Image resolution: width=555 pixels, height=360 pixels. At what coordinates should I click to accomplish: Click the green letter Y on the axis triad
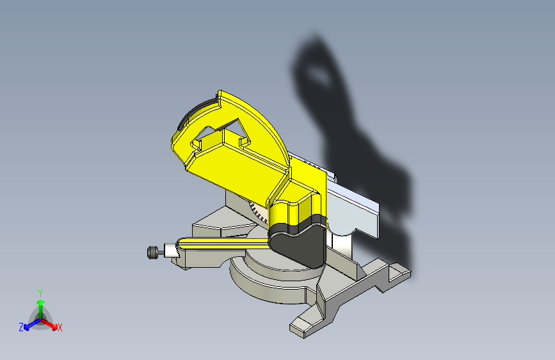(x=40, y=292)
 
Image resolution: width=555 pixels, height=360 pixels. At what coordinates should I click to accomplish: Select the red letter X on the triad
(x=60, y=327)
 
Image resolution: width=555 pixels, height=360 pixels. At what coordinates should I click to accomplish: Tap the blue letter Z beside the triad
(x=21, y=327)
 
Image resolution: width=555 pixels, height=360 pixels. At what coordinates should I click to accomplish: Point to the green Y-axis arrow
(x=40, y=305)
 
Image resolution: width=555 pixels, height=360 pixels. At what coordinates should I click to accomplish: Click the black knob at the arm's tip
(x=152, y=252)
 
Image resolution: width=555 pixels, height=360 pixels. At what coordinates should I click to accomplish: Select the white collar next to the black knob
(x=170, y=250)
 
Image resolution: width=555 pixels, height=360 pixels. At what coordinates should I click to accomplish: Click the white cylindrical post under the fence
(x=341, y=242)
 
